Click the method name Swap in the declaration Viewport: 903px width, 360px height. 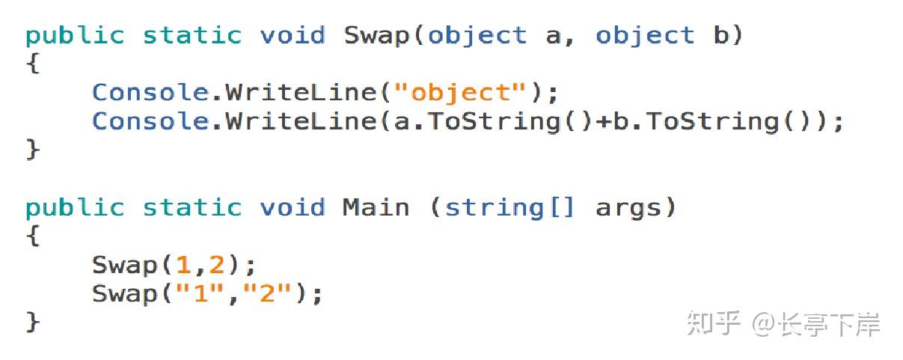377,36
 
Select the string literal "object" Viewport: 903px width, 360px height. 459,93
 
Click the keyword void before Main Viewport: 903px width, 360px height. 293,207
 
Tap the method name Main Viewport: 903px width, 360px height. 376,207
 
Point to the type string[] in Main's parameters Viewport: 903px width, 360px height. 510,207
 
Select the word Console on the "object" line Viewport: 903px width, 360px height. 150,93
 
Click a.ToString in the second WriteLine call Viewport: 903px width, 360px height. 477,121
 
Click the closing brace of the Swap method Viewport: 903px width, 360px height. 32,150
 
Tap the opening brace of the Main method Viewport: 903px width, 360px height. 32,237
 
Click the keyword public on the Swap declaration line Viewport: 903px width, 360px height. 75,36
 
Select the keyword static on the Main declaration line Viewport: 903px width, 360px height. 192,207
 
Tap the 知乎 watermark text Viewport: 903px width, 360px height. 714,324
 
